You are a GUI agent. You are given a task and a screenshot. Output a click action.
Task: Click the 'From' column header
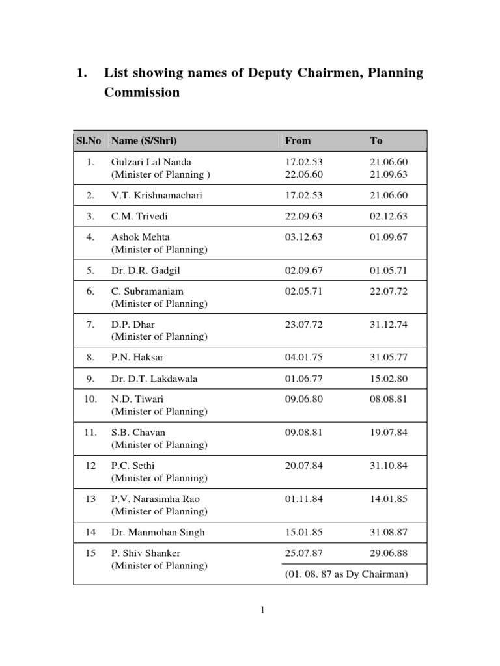298,140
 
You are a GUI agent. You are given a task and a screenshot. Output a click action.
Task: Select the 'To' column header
376,140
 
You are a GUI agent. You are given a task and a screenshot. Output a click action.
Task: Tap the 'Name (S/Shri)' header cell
144,140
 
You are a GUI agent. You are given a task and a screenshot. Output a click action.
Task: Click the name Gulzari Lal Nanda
151,162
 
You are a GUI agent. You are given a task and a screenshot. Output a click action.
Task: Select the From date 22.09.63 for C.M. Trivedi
303,216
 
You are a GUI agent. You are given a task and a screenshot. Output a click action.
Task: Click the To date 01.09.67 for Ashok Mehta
389,237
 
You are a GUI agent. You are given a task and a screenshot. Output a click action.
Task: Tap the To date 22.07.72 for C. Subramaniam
389,291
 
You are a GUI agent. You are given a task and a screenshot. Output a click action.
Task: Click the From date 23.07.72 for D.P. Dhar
303,325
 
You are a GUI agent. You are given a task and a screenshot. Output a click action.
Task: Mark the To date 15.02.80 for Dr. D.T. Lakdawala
389,379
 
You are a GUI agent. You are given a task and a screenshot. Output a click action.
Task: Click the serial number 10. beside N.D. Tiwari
90,399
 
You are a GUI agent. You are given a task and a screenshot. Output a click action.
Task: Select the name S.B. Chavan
138,433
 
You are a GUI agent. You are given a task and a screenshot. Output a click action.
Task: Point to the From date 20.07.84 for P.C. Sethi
303,466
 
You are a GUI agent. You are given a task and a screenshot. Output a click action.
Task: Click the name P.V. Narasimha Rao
156,499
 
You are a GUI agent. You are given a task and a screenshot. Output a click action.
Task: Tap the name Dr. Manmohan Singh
158,532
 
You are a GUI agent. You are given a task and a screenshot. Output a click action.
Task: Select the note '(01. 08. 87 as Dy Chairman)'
346,574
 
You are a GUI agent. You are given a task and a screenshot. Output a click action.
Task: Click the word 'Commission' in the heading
142,92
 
